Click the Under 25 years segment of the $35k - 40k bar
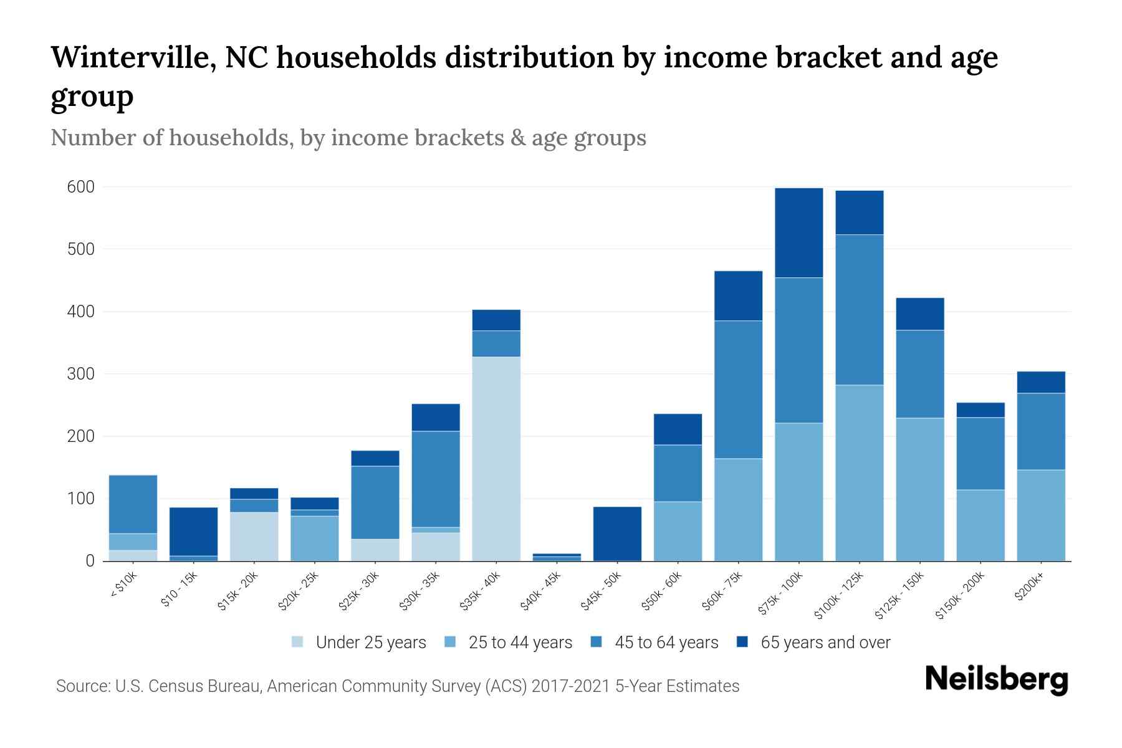tap(496, 458)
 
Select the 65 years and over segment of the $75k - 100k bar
tap(798, 233)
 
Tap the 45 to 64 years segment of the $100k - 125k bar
tap(859, 310)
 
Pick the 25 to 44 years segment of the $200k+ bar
tap(1040, 515)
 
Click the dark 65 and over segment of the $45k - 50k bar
tap(617, 533)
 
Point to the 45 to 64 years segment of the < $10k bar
tap(133, 504)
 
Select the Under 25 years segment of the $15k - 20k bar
tap(254, 536)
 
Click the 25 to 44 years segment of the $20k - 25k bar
tap(314, 538)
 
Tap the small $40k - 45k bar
tap(557, 557)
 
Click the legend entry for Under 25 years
tap(370, 643)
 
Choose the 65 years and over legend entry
tap(825, 643)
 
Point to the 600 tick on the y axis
tap(80, 187)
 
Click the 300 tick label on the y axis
tap(80, 374)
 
